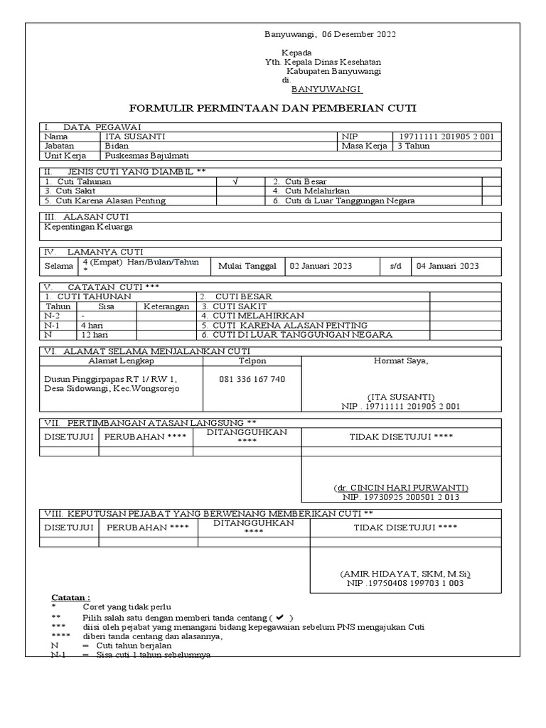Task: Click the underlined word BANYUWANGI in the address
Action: click(x=327, y=90)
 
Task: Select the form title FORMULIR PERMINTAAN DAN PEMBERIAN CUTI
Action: click(x=272, y=108)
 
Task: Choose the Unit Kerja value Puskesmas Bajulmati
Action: click(x=146, y=156)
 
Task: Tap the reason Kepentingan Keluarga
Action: click(x=89, y=227)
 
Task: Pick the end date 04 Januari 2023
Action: click(x=448, y=266)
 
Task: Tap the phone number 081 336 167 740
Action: click(x=252, y=379)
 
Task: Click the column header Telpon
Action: click(x=252, y=360)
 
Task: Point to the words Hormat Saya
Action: click(x=401, y=360)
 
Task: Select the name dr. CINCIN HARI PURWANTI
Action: click(x=401, y=488)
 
